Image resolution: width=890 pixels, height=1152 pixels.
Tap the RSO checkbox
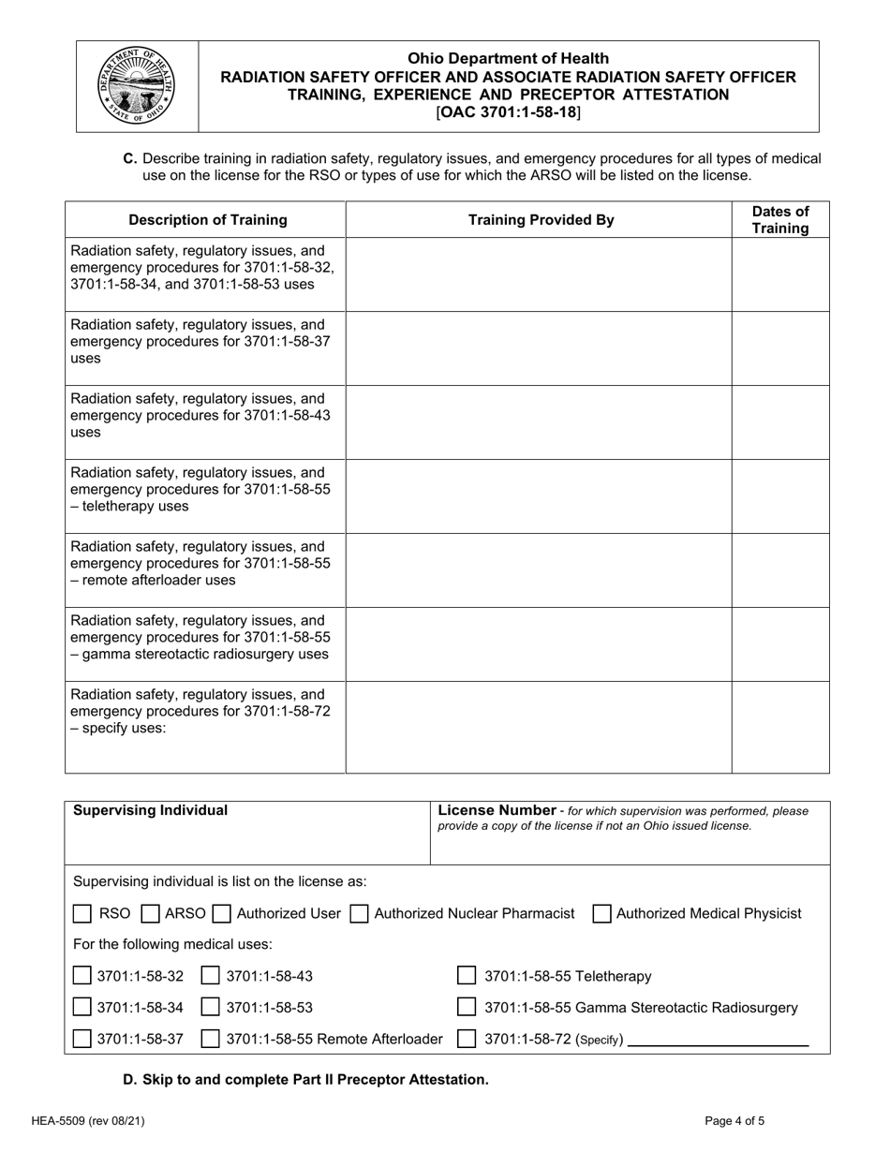(x=82, y=913)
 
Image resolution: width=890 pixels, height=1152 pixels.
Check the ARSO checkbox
(x=150, y=913)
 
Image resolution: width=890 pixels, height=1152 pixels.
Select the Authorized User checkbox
(x=222, y=913)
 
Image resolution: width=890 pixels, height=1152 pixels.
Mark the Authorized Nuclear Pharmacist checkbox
(x=359, y=913)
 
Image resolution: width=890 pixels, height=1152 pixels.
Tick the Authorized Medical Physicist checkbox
(x=602, y=913)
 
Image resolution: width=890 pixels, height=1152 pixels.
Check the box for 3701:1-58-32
(x=82, y=977)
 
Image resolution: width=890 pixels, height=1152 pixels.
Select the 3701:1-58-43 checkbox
(x=212, y=977)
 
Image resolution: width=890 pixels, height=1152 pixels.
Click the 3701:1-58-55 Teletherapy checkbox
(x=467, y=977)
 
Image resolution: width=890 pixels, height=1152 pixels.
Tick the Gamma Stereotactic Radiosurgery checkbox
(x=467, y=1009)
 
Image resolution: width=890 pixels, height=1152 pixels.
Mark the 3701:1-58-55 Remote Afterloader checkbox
(x=212, y=1039)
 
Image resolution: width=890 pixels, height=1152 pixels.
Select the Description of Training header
(x=207, y=220)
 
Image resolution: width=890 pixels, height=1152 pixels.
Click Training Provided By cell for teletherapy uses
(x=539, y=495)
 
